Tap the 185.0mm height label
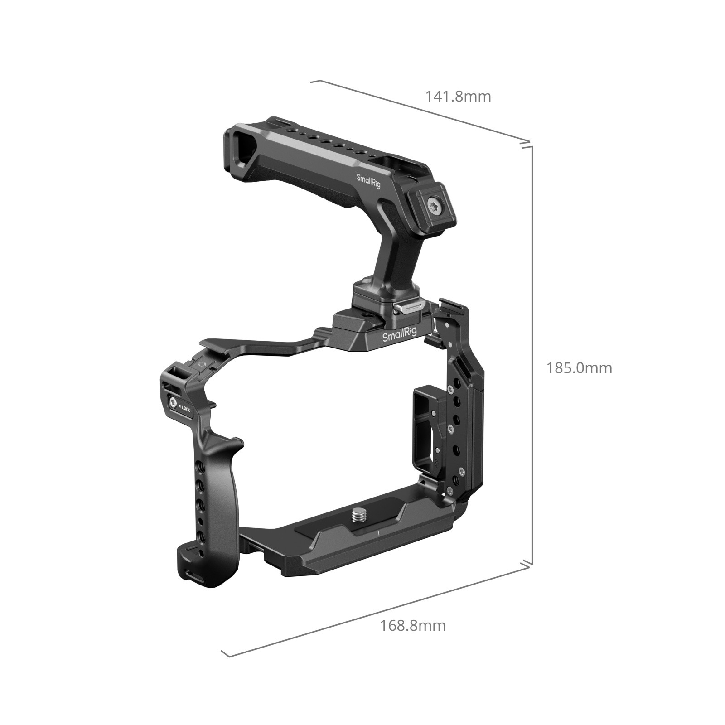(579, 367)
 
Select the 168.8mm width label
(412, 626)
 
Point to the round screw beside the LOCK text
(174, 402)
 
